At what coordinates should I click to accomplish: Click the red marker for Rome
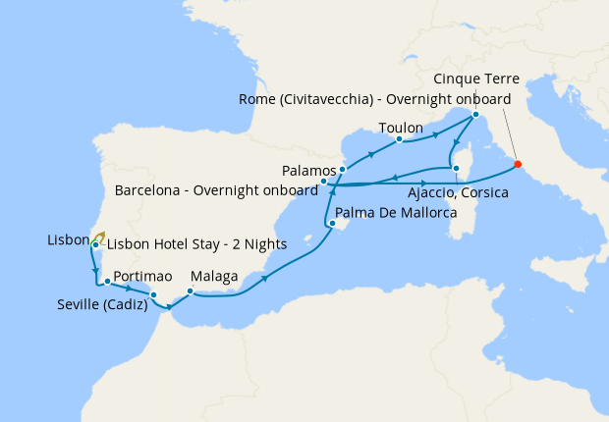pyautogui.click(x=518, y=164)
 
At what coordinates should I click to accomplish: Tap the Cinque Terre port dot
pyautogui.click(x=474, y=115)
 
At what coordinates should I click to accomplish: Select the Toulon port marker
pyautogui.click(x=400, y=139)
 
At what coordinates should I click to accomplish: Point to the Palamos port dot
pyautogui.click(x=342, y=170)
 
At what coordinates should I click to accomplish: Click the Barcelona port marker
pyautogui.click(x=324, y=182)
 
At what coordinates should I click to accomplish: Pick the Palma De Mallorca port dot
pyautogui.click(x=331, y=225)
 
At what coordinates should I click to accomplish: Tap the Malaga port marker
pyautogui.click(x=190, y=290)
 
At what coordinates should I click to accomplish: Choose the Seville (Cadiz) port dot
pyautogui.click(x=153, y=294)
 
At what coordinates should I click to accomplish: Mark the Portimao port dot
pyautogui.click(x=106, y=282)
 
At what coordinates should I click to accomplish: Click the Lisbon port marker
pyautogui.click(x=94, y=244)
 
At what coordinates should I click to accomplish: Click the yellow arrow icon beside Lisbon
pyautogui.click(x=100, y=235)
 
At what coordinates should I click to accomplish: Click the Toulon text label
pyautogui.click(x=401, y=129)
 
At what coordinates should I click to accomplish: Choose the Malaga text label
pyautogui.click(x=215, y=278)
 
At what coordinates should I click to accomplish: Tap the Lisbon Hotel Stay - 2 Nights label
pyautogui.click(x=196, y=244)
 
